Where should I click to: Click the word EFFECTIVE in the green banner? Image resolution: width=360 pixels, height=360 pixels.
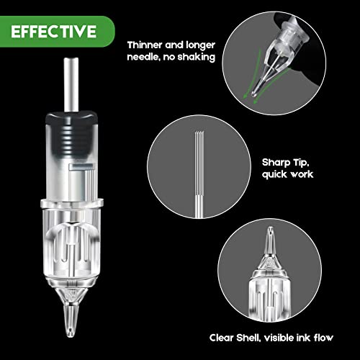pos(54,32)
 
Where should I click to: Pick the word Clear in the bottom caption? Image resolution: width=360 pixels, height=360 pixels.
pos(221,338)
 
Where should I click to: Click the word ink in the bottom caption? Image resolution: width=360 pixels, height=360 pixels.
pos(303,338)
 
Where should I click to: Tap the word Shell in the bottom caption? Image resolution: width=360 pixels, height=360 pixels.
pos(248,338)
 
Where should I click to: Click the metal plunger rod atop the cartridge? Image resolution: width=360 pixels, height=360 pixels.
pos(71,84)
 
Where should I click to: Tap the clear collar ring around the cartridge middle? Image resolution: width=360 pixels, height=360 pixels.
pos(72,204)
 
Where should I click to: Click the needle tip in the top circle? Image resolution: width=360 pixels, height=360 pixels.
pos(253,94)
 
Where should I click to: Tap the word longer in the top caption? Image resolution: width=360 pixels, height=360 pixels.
pos(200,45)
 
